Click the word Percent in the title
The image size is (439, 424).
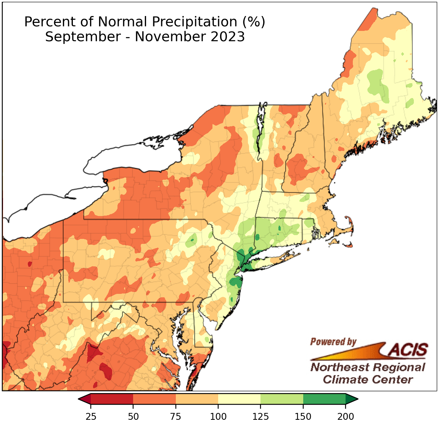(46, 22)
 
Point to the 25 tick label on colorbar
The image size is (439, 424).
(91, 416)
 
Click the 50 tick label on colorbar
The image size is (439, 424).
(133, 416)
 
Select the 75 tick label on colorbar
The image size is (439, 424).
(176, 416)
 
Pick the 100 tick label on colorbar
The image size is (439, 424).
(218, 416)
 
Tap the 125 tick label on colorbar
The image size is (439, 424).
(261, 416)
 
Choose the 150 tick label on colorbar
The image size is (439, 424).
(303, 416)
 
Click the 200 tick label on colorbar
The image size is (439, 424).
(346, 416)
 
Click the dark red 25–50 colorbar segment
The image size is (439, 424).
(112, 399)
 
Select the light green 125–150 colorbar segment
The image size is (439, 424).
(282, 399)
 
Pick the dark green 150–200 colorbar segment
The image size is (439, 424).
(324, 399)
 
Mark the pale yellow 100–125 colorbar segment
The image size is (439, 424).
(239, 399)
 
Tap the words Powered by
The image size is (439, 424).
(333, 342)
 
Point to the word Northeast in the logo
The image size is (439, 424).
(339, 368)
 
